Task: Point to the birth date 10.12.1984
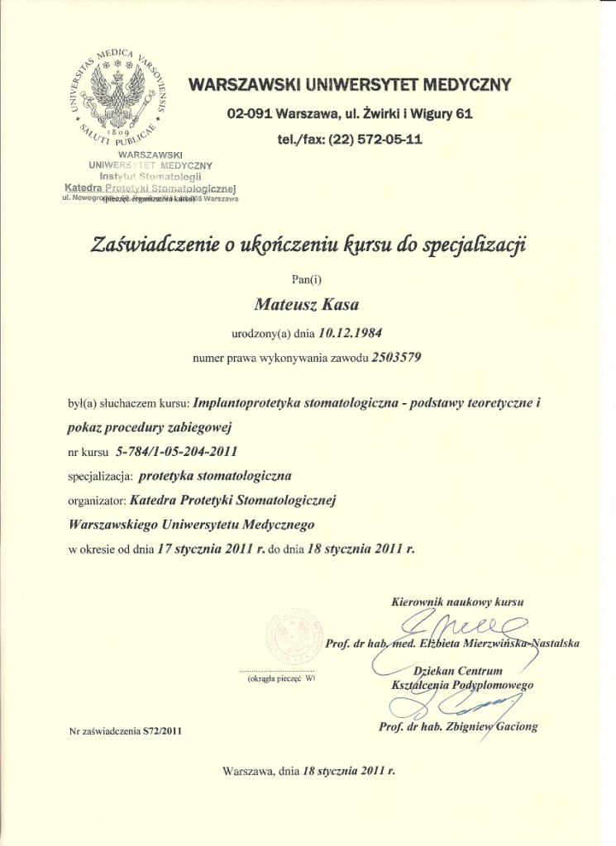click(x=343, y=332)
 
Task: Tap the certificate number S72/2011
click(x=161, y=731)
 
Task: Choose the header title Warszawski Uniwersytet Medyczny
click(x=350, y=84)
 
